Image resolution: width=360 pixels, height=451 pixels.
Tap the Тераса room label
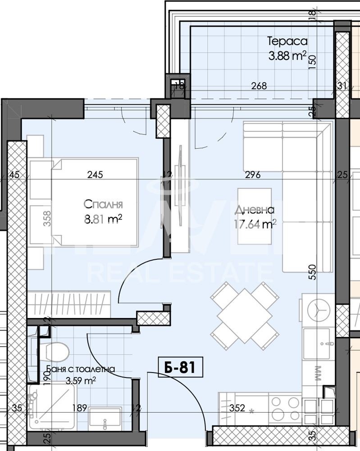coord(287,41)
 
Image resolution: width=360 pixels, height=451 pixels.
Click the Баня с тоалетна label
coord(80,369)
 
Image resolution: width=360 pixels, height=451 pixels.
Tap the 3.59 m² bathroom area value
coord(81,381)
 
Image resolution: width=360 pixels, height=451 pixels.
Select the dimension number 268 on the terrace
coord(259,86)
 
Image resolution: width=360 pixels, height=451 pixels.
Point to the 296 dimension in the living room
coord(253,175)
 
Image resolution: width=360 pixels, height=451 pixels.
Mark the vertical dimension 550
coord(312,272)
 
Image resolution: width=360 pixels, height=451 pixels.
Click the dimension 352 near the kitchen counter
coord(237,409)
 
